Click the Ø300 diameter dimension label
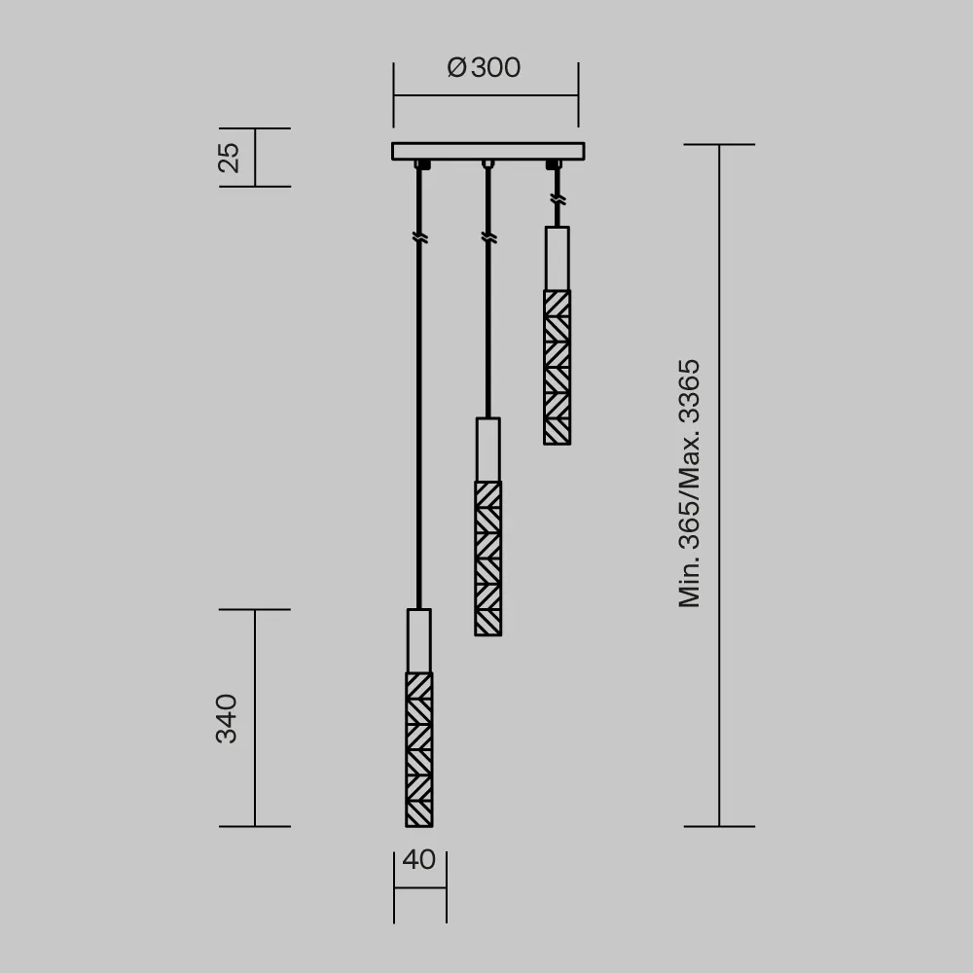tap(485, 68)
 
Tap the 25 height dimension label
tap(229, 157)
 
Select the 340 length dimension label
tap(227, 718)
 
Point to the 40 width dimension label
tap(418, 860)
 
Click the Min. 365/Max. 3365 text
tap(690, 484)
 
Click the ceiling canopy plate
tap(486, 151)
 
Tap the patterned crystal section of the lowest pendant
tap(418, 749)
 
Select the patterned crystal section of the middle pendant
tap(487, 559)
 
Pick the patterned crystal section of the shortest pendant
tap(557, 367)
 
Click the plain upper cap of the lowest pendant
tap(418, 640)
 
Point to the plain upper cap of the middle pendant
tap(487, 450)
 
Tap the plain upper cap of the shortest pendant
tap(557, 258)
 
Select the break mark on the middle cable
tap(487, 236)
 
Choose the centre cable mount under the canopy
tap(487, 163)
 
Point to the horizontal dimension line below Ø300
tap(485, 95)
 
